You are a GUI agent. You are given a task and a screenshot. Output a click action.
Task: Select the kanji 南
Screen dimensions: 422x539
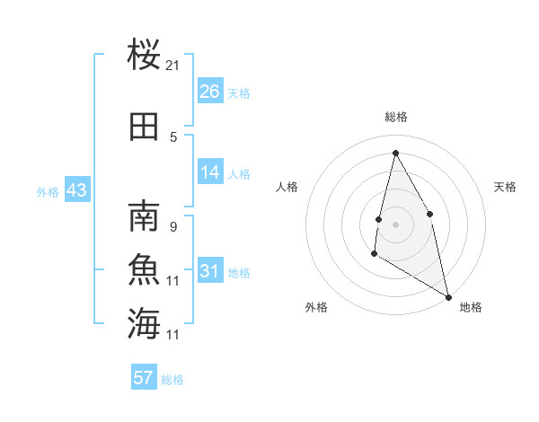tap(144, 218)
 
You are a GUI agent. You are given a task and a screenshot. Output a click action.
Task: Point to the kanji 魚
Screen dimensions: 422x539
tap(144, 270)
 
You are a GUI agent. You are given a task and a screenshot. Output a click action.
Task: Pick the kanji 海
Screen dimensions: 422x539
tap(144, 322)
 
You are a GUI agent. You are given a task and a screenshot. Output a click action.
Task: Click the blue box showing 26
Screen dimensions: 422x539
tap(210, 91)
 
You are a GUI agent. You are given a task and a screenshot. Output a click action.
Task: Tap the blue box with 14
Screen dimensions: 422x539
tap(210, 172)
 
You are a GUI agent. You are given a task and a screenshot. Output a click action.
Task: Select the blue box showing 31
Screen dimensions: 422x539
tap(210, 271)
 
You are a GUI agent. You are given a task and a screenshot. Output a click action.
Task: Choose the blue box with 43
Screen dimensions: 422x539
tap(76, 190)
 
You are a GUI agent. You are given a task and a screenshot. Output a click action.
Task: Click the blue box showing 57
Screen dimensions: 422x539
tap(144, 378)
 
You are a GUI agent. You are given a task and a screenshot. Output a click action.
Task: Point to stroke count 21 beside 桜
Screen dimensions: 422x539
tap(173, 66)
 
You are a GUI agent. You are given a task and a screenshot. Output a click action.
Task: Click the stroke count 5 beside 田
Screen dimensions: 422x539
tap(173, 137)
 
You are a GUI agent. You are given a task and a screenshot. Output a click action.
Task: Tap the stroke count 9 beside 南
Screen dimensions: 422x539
tap(172, 227)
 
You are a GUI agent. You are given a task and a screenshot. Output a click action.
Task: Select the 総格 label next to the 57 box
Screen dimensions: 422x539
tap(172, 380)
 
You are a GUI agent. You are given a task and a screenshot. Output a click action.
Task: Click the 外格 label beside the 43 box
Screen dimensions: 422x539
tap(47, 191)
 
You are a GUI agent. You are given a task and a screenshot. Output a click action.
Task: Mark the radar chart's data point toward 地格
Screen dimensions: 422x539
tap(449, 297)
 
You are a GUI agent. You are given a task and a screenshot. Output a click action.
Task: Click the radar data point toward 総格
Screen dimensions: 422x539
tap(395, 152)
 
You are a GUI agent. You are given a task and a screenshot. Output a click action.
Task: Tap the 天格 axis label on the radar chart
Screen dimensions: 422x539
tap(505, 187)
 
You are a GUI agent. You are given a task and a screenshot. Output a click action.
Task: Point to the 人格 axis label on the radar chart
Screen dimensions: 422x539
tap(287, 187)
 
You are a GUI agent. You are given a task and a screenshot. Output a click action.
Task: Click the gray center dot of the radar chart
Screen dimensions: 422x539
tap(395, 224)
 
